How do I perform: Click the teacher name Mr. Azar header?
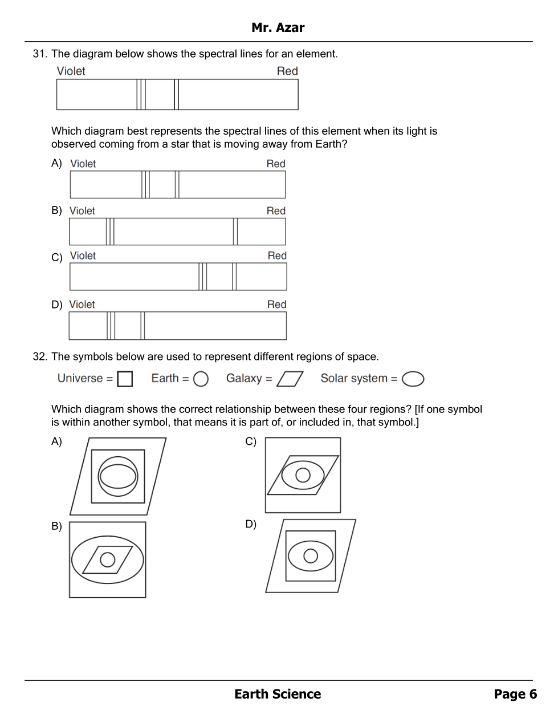[x=278, y=27]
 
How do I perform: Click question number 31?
[x=39, y=54]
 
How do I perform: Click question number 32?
[x=39, y=357]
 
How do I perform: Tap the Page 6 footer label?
[x=515, y=694]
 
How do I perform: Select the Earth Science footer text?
[x=278, y=694]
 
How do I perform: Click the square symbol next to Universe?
[x=125, y=379]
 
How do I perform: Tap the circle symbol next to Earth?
[x=201, y=379]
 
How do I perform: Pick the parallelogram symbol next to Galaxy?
[x=290, y=379]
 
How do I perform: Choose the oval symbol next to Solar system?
[x=413, y=379]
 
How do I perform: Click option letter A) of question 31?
[x=56, y=163]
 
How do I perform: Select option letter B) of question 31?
[x=56, y=210]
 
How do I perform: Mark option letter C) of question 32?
[x=251, y=441]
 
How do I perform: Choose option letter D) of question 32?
[x=251, y=524]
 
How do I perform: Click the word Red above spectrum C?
[x=277, y=256]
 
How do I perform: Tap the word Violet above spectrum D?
[x=82, y=305]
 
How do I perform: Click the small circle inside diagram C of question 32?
[x=303, y=474]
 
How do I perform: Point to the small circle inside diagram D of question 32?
[x=311, y=555]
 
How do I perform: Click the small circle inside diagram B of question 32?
[x=107, y=559]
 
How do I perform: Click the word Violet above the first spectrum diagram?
[x=71, y=71]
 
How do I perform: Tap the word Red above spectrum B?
[x=276, y=211]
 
